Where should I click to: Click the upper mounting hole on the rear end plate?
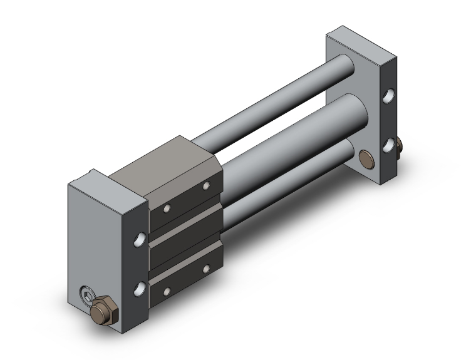tap(390, 97)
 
